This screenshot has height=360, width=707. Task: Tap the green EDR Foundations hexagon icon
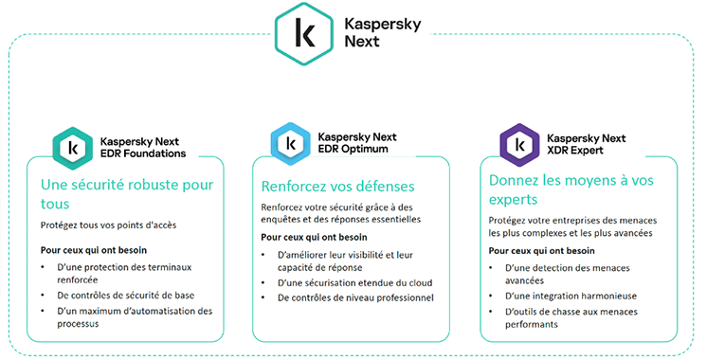73,147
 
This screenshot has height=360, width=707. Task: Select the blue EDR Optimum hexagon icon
288,145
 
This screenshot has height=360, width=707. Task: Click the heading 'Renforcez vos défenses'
338,186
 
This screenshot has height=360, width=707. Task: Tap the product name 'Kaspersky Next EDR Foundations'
142,147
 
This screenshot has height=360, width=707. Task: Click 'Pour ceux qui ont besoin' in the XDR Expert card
542,251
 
